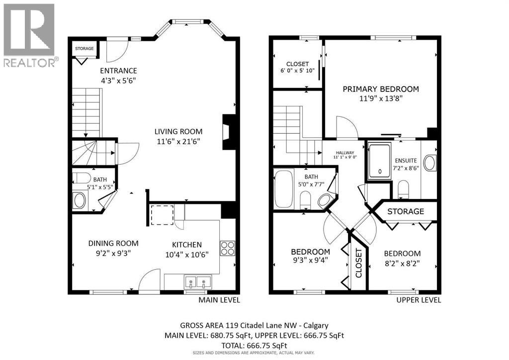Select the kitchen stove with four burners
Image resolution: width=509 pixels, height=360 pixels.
pos(228,248)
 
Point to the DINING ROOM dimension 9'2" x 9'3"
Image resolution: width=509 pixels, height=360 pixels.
pos(113,253)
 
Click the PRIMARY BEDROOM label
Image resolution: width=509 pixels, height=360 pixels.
pos(381,89)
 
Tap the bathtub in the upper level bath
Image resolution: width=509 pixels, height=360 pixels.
pos(284,189)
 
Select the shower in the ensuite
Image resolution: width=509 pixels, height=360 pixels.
pos(380,160)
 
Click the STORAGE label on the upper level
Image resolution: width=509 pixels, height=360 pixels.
pos(406,211)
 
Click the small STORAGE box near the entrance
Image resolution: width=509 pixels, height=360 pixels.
pos(85,49)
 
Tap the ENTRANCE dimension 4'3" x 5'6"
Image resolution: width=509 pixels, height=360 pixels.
pos(118,80)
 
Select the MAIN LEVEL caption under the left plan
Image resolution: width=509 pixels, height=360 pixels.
pos(219,300)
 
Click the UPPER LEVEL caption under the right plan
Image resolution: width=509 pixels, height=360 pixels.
pos(419,300)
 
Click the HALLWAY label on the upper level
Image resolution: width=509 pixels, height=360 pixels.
pos(345,153)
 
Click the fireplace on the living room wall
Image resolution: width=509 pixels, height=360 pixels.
pos(229,132)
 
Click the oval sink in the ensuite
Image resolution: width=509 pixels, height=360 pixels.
pos(429,162)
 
